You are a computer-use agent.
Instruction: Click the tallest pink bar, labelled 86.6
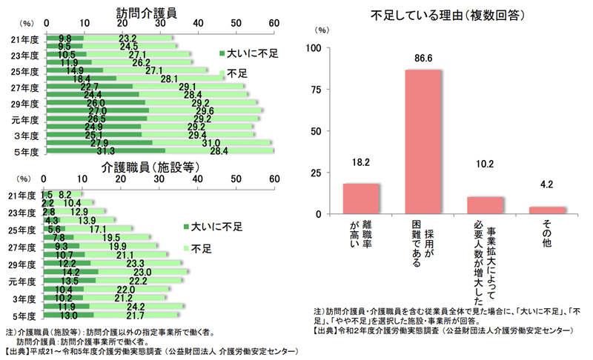pos(423,141)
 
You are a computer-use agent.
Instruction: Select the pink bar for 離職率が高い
pos(361,199)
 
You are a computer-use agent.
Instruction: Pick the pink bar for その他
pos(548,210)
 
